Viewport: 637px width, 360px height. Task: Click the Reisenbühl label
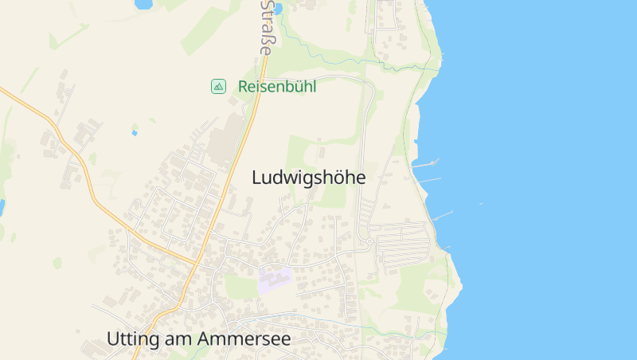click(x=276, y=86)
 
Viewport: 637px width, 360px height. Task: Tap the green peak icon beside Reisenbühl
click(x=218, y=86)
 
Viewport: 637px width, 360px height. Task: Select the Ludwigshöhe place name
click(x=308, y=178)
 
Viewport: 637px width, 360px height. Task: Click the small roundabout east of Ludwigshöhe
click(x=369, y=241)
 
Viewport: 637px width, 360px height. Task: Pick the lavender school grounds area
click(x=275, y=280)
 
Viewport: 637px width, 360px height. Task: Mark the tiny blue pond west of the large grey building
click(x=134, y=132)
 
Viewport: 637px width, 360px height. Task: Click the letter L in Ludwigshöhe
click(x=256, y=178)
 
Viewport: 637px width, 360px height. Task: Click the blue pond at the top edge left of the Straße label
click(x=143, y=4)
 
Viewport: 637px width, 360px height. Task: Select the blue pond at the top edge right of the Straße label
click(x=277, y=8)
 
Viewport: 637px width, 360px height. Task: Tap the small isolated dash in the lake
click(x=480, y=204)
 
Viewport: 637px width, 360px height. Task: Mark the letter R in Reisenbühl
click(x=243, y=86)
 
